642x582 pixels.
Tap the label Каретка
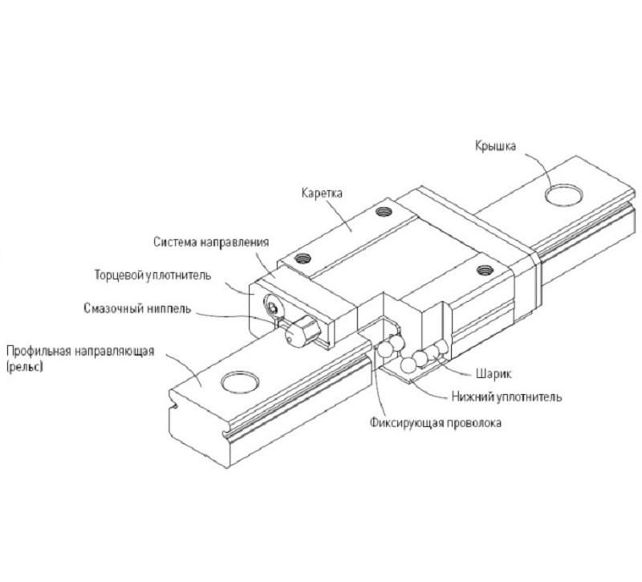point(322,193)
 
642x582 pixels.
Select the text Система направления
point(210,242)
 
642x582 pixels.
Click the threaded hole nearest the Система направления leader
point(303,258)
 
